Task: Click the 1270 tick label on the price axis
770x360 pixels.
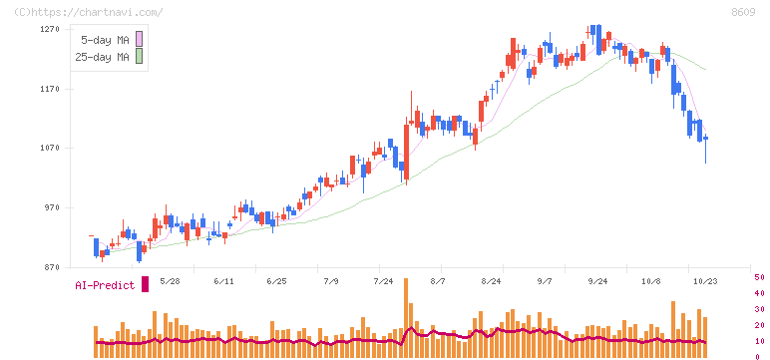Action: [x=49, y=30]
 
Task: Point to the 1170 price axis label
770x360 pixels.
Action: [x=49, y=89]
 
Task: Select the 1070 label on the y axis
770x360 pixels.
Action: [x=49, y=149]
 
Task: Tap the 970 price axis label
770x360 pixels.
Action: [x=51, y=208]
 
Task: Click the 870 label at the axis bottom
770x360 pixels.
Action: [x=51, y=267]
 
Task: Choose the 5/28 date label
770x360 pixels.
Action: [x=171, y=281]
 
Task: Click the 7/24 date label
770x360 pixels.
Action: [x=384, y=281]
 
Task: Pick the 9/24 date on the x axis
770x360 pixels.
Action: [x=597, y=281]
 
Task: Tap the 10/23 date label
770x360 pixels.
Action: [x=706, y=281]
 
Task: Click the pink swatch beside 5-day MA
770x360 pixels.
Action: [x=139, y=39]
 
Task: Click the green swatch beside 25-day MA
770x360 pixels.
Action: [x=139, y=56]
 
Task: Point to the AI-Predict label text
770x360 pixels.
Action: [x=105, y=285]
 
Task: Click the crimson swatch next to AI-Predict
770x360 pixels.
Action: [x=145, y=284]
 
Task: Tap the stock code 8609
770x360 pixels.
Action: [x=743, y=13]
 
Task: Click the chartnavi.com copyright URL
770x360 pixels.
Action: [x=89, y=13]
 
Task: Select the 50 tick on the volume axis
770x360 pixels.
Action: [x=759, y=277]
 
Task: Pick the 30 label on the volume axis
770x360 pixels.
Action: [x=759, y=309]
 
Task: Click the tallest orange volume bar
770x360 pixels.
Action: [x=406, y=318]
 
